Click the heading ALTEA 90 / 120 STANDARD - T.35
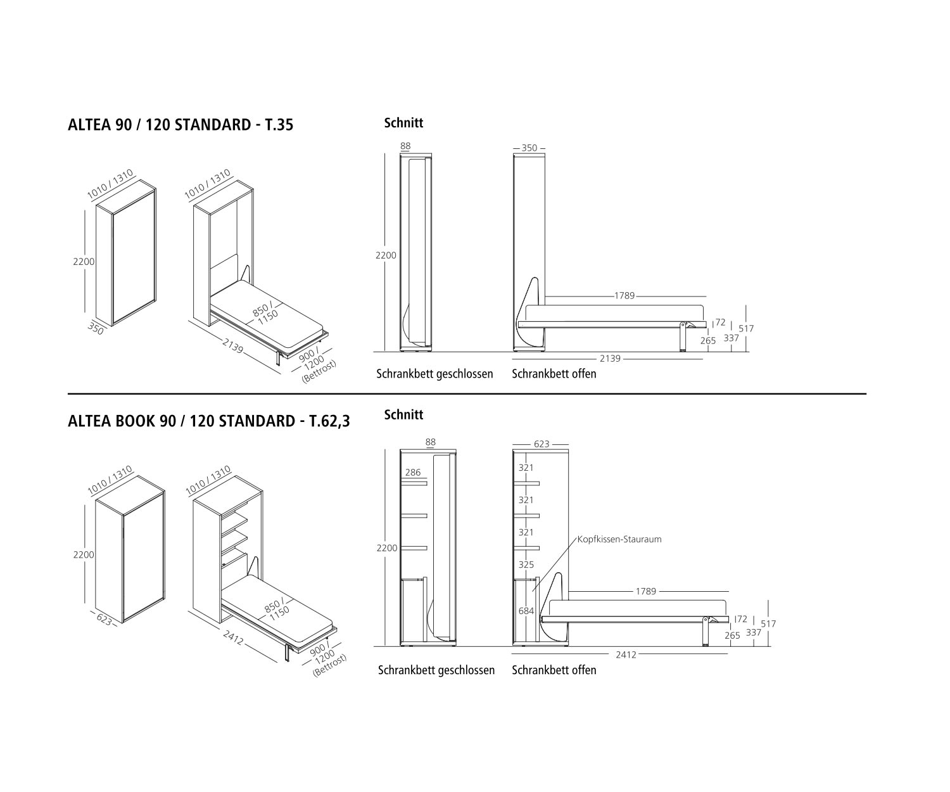[180, 125]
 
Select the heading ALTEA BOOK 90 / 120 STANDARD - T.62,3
[208, 421]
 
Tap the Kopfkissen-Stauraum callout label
[619, 539]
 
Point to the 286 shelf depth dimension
[412, 472]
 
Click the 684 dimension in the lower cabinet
[526, 611]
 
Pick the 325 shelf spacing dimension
[526, 565]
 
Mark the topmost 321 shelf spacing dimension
[526, 468]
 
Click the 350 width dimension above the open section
[529, 148]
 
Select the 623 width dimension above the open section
[541, 444]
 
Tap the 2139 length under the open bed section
[610, 359]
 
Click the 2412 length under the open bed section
[626, 655]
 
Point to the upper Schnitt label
[403, 123]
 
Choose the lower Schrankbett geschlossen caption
[436, 670]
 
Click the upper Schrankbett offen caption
[554, 374]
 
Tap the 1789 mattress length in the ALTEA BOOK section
[645, 591]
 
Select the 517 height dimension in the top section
[746, 328]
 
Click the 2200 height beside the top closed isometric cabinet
[84, 262]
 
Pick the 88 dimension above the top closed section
[405, 146]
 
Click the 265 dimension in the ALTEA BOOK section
[731, 636]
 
